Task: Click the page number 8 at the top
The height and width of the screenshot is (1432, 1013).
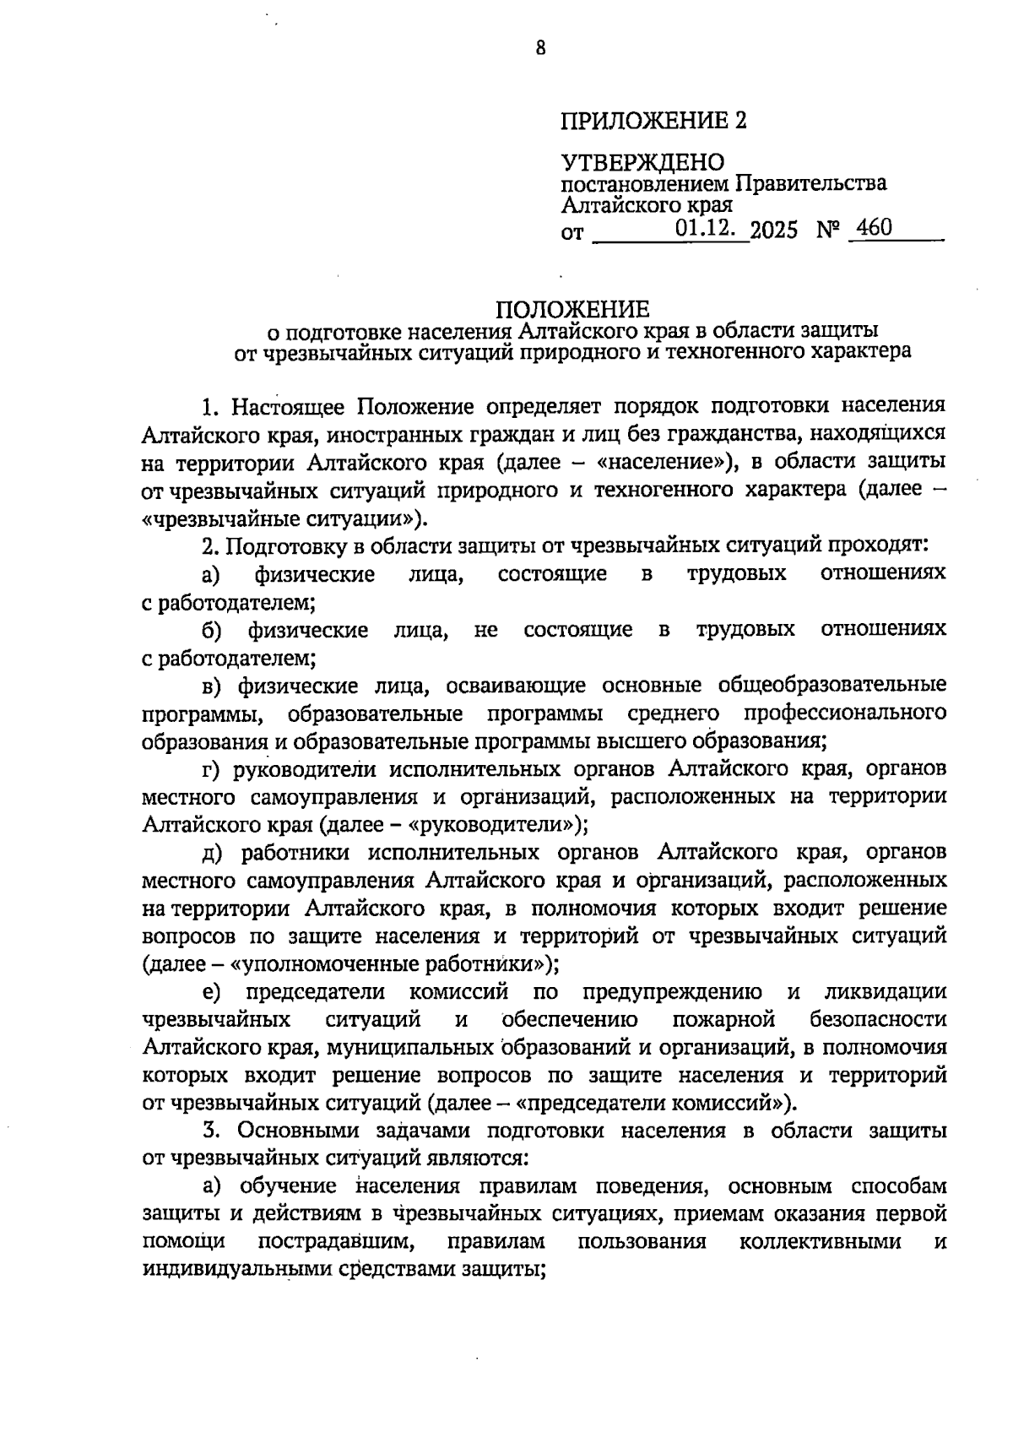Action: point(540,48)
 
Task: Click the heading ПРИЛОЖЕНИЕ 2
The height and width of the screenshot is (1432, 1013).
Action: point(653,121)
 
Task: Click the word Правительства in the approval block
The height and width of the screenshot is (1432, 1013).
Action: point(811,183)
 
